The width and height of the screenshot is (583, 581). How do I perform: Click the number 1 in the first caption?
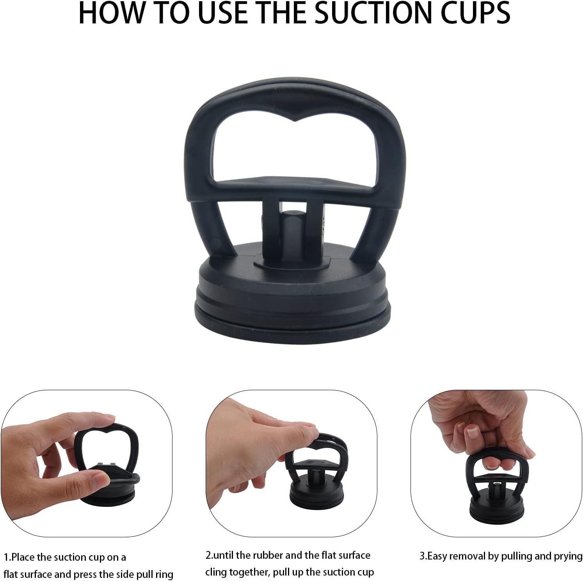(6, 557)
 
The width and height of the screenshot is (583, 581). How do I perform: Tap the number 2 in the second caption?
(208, 555)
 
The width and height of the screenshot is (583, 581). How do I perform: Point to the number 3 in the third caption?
(422, 556)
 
